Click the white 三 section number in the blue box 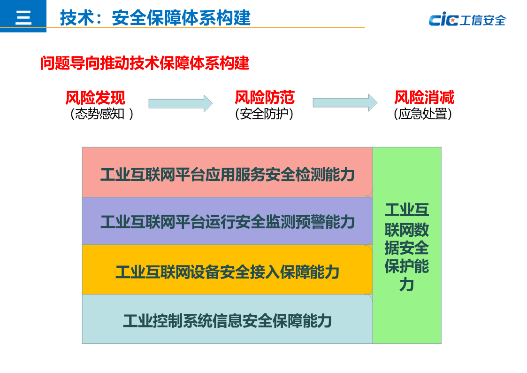click(23, 17)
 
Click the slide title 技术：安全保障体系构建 click(155, 18)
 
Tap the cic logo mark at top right click(443, 20)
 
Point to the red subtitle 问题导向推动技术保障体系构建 click(145, 63)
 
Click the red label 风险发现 click(95, 98)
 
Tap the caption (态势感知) click(102, 114)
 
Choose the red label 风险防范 click(264, 98)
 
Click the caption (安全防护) click(264, 114)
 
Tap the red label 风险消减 click(424, 98)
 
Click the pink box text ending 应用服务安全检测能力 click(227, 175)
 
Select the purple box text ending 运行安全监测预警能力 click(227, 221)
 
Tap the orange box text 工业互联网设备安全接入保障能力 click(227, 272)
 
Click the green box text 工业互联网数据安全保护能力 click(407, 247)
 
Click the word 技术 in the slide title click(74, 18)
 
